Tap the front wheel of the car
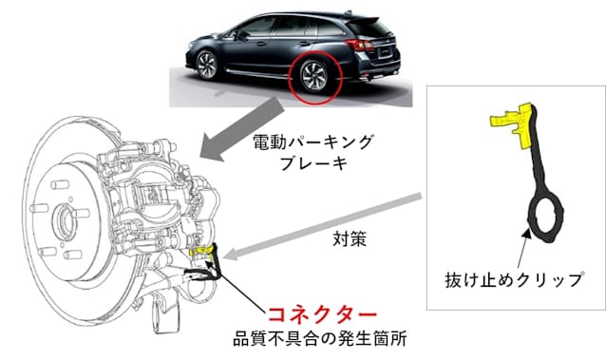(208, 64)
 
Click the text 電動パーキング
(314, 142)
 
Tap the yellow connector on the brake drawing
(201, 252)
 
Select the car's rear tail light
(359, 44)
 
